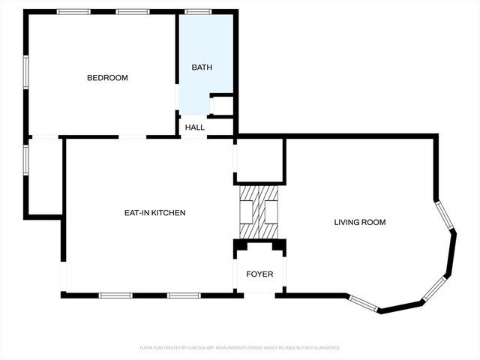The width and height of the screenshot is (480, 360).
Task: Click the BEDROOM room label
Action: pyautogui.click(x=107, y=78)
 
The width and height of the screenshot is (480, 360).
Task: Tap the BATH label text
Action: pyautogui.click(x=202, y=67)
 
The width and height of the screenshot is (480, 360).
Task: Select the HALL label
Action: pyautogui.click(x=195, y=127)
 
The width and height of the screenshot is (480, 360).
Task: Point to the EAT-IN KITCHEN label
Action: pyautogui.click(x=154, y=213)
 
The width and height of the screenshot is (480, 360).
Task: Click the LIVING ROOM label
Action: pyautogui.click(x=360, y=222)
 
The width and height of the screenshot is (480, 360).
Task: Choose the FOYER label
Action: pyautogui.click(x=260, y=274)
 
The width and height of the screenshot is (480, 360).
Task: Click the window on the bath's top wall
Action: pyautogui.click(x=198, y=11)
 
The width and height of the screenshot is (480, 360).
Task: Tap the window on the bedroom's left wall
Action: pyautogui.click(x=26, y=72)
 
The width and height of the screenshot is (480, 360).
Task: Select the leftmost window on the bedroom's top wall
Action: pyautogui.click(x=73, y=11)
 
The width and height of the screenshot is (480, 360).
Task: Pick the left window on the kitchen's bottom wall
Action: pyautogui.click(x=116, y=295)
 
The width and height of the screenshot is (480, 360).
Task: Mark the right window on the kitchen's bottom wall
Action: pyautogui.click(x=184, y=295)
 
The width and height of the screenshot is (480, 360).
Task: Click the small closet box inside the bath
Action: pyautogui.click(x=222, y=105)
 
